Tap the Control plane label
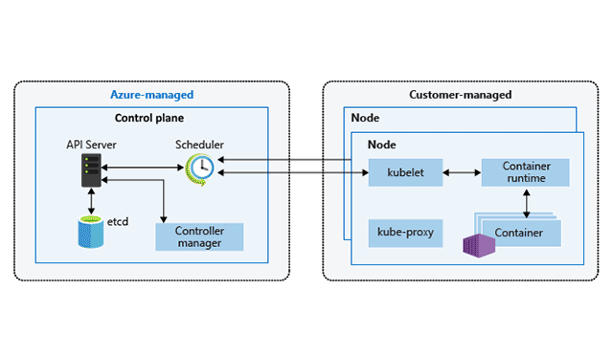(152, 119)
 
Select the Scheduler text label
(199, 145)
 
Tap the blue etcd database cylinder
(90, 231)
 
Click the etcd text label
(118, 221)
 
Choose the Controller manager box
(199, 236)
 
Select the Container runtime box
(525, 172)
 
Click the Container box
(520, 233)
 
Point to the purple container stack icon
(476, 244)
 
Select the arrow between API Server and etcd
(91, 202)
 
